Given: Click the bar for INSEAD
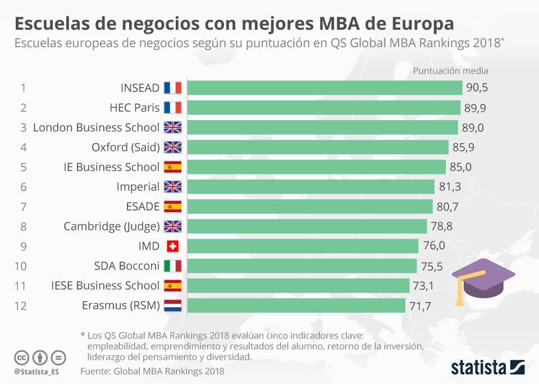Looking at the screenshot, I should coord(325,88).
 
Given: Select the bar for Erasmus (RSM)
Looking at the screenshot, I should coord(296,305).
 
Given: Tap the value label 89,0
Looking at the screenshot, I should coord(473,127).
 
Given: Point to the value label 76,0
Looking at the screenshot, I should coord(433,246).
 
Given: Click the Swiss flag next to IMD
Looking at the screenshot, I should coord(172,246).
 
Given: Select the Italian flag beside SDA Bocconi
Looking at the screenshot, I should coord(172,266).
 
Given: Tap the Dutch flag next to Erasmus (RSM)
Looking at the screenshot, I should coord(172,306).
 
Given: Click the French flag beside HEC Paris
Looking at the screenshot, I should coord(172,108).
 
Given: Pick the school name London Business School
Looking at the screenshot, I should coord(96,127).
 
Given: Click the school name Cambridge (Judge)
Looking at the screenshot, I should coord(111,226).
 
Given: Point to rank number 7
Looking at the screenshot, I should coord(23,207).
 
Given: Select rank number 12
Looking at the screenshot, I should coord(21,306).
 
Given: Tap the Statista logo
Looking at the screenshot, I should coord(487,368).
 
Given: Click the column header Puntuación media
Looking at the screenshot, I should coord(450,71).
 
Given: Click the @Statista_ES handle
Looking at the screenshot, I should coord(37,372).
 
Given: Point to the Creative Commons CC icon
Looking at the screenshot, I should coord(21,357).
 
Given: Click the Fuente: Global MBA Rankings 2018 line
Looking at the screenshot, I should coord(152,371).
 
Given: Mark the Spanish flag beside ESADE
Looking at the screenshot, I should coord(172,207).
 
